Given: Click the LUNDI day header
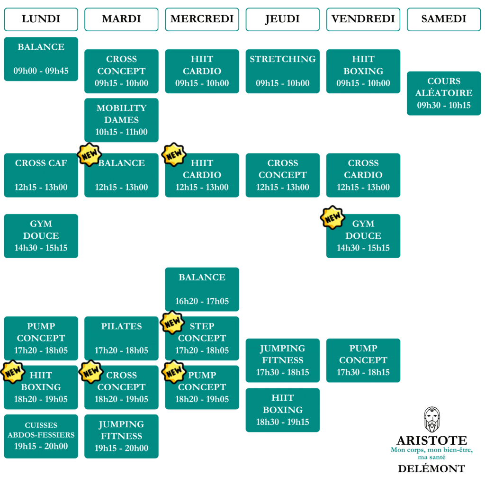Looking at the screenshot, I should tap(41, 19).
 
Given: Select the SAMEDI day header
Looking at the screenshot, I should tap(444, 19).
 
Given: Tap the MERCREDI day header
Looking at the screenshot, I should tap(202, 19).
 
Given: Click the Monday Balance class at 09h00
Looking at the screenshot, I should tap(41, 59).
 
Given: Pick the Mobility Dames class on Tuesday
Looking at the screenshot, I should tap(121, 120).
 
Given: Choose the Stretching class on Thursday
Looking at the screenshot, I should tap(283, 71).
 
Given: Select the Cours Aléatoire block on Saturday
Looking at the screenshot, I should tap(444, 93).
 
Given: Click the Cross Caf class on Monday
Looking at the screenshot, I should tap(41, 175).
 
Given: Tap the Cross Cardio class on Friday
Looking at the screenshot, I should tap(363, 175).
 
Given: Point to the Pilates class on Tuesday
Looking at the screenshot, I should tap(121, 338).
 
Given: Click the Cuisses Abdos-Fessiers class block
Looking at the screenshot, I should tap(41, 436).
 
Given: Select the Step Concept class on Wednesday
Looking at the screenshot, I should tap(202, 338).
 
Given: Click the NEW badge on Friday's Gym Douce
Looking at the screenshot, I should tap(332, 217).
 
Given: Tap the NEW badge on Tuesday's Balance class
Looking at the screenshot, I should tap(90, 154).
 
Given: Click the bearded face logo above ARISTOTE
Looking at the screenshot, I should tap(431, 419).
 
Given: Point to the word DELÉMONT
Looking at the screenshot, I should tap(431, 469).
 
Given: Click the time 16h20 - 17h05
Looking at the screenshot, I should tap(202, 301).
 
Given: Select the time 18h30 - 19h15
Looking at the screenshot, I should tap(283, 422).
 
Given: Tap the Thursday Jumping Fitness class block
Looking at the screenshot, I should tap(283, 360).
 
